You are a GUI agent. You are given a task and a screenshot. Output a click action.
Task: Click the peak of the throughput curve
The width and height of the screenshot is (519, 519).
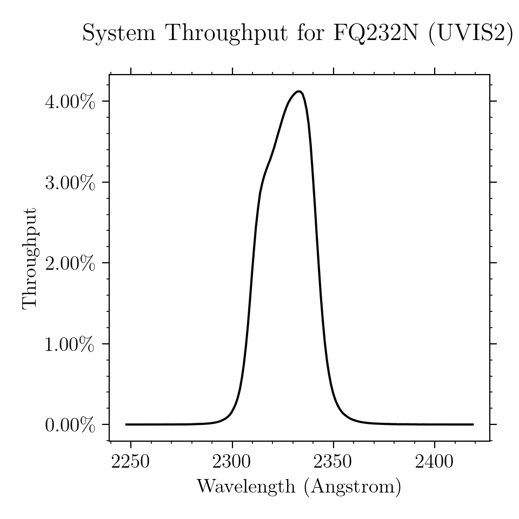pyautogui.click(x=298, y=91)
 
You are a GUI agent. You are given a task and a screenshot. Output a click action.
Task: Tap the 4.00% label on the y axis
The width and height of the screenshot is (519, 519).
pyautogui.click(x=70, y=102)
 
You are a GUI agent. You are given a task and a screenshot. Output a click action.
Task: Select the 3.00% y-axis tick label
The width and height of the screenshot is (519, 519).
pyautogui.click(x=70, y=183)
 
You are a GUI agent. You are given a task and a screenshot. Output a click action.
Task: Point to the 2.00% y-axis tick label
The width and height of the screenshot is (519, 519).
pyautogui.click(x=70, y=263)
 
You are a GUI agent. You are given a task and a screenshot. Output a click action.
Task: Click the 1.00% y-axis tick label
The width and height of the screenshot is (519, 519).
pyautogui.click(x=70, y=344)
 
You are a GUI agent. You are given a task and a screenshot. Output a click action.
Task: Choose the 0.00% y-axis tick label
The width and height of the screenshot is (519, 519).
pyautogui.click(x=70, y=425)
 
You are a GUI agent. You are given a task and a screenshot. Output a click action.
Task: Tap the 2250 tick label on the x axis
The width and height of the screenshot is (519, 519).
pyautogui.click(x=130, y=461)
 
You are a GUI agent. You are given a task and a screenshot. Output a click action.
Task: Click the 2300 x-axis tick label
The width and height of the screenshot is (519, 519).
pyautogui.click(x=232, y=461)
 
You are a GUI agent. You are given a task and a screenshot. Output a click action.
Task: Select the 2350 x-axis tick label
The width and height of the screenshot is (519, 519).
pyautogui.click(x=333, y=461)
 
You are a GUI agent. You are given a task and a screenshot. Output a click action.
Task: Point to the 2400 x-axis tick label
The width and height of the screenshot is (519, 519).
pyautogui.click(x=434, y=461)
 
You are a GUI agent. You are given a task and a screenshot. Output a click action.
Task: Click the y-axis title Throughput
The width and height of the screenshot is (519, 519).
pyautogui.click(x=30, y=259)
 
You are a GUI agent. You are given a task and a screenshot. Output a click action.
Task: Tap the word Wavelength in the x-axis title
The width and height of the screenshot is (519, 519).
pyautogui.click(x=246, y=487)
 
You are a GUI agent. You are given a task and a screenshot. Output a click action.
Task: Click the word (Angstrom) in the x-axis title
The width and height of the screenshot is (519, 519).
pyautogui.click(x=352, y=487)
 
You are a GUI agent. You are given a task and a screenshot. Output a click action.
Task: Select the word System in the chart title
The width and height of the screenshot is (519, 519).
pyautogui.click(x=119, y=34)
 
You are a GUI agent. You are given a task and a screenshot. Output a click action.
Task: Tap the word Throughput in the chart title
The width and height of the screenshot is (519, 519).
pyautogui.click(x=228, y=34)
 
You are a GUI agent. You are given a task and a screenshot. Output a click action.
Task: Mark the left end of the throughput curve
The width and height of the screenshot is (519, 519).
pyautogui.click(x=126, y=424)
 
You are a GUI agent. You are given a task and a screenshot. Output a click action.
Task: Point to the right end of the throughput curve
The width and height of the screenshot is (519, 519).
pyautogui.click(x=474, y=424)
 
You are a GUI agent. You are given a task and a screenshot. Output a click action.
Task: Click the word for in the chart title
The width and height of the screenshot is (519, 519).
pyautogui.click(x=310, y=33)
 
